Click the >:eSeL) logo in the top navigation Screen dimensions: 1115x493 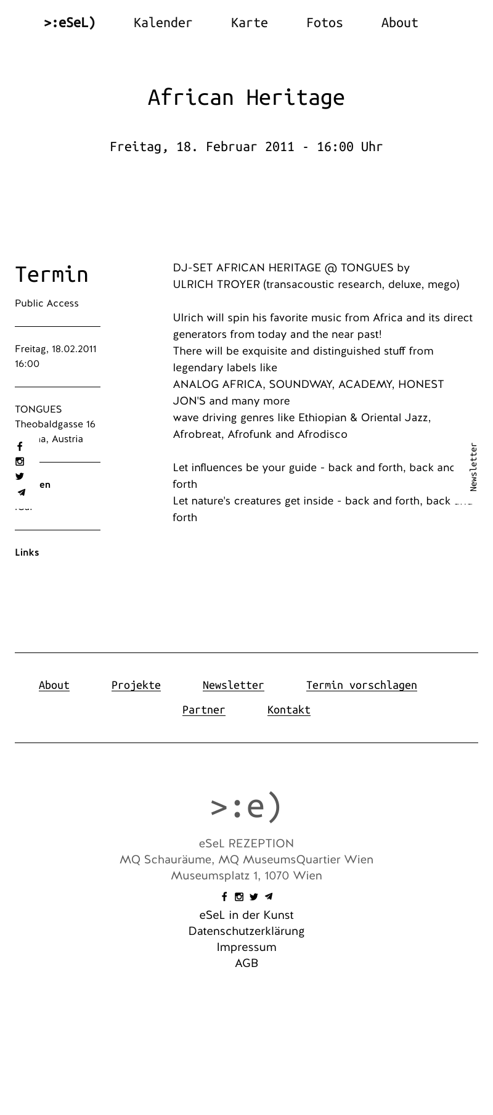[70, 23]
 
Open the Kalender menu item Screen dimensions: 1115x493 [163, 23]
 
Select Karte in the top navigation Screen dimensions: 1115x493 [249, 23]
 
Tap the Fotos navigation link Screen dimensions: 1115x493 [324, 23]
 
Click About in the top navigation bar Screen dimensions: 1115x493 [399, 23]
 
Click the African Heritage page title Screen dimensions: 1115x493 [246, 97]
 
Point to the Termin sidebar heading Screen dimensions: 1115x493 [52, 274]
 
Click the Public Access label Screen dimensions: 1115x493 [47, 303]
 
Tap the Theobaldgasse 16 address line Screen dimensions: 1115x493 [55, 424]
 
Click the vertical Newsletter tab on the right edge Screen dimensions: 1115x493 [473, 467]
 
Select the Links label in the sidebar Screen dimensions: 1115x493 [27, 553]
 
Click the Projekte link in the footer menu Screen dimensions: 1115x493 [136, 685]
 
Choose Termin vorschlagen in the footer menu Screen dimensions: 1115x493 [361, 685]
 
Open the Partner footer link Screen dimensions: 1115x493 [203, 710]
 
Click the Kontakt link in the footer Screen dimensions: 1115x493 [288, 710]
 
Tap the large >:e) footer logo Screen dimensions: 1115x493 [246, 806]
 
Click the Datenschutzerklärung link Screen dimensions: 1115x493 [246, 931]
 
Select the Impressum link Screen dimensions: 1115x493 [246, 947]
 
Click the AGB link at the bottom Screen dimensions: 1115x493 [246, 963]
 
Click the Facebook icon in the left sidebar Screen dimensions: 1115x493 [20, 446]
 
